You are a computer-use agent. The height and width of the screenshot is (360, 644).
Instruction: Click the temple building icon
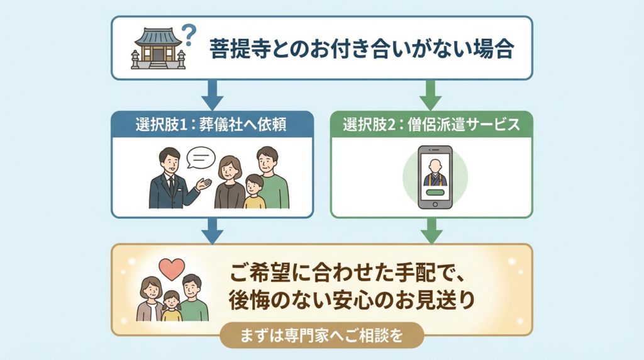coord(158,48)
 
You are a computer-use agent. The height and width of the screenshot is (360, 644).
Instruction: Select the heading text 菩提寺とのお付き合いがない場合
coord(362,49)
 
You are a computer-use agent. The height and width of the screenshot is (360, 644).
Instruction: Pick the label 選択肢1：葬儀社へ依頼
coord(211,124)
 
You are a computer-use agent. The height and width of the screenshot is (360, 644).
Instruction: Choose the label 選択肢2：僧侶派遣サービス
coord(431,124)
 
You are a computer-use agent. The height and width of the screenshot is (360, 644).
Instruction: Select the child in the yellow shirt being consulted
coord(254,193)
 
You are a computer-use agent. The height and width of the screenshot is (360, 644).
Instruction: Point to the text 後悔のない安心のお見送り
coord(350,300)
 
